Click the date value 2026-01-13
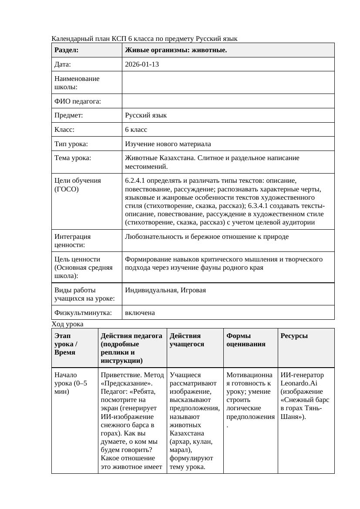point(142,64)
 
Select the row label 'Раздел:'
point(67,50)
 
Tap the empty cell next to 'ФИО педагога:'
point(228,101)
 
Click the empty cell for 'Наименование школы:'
point(228,83)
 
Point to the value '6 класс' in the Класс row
point(136,130)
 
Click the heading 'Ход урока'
point(67,324)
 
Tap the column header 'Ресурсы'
point(294,336)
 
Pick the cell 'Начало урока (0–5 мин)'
point(71,383)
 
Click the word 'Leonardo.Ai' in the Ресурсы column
point(296,383)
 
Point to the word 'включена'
point(140,313)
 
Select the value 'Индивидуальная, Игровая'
point(165,290)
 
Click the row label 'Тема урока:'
point(73,158)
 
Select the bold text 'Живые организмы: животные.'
point(176,50)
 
